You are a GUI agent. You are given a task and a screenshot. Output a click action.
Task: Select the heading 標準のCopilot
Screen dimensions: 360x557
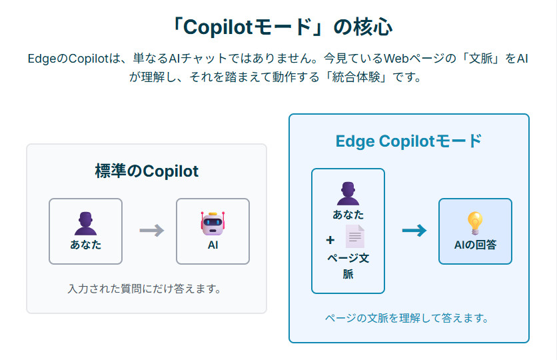[147, 171]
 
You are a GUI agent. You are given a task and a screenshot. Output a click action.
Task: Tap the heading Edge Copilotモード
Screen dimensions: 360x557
[408, 141]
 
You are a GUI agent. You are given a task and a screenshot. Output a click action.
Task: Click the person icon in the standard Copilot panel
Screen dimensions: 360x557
[85, 223]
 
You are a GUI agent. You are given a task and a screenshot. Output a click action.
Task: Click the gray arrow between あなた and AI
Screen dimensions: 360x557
[151, 231]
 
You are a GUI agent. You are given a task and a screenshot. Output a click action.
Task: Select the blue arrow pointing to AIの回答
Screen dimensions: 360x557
[414, 231]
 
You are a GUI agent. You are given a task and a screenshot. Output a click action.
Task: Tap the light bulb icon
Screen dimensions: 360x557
[475, 223]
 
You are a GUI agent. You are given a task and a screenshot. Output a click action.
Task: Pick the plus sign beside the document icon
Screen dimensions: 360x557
[330, 240]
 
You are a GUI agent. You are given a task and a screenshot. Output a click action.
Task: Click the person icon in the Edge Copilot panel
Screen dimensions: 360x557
[348, 193]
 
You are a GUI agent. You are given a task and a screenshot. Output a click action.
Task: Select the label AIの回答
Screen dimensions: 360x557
[475, 245]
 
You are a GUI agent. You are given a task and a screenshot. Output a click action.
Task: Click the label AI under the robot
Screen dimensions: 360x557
[213, 245]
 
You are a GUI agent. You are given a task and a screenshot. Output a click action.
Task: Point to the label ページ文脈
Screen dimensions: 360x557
[348, 265]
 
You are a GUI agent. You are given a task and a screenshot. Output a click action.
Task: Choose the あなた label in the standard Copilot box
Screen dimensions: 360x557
[86, 245]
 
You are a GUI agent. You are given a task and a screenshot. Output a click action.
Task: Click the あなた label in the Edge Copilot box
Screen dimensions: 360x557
[348, 215]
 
